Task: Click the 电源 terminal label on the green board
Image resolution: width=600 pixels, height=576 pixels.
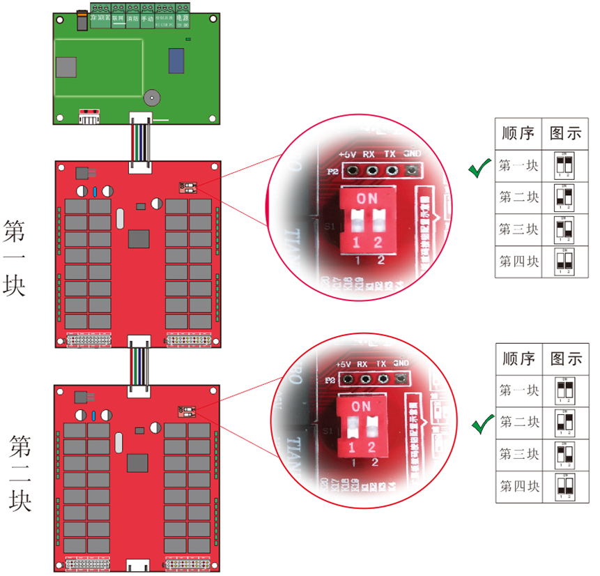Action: click(x=183, y=16)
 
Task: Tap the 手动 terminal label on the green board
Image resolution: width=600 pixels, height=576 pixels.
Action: click(x=146, y=20)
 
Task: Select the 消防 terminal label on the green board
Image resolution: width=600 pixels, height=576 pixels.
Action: click(x=132, y=20)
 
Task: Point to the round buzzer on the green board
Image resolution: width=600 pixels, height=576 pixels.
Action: click(x=151, y=98)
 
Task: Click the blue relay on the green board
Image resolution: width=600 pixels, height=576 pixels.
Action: click(x=176, y=61)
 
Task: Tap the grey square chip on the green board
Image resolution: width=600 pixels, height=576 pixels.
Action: click(x=66, y=66)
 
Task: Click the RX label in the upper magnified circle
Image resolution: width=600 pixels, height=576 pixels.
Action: click(x=369, y=154)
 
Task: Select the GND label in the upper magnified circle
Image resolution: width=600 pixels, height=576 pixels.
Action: click(x=412, y=153)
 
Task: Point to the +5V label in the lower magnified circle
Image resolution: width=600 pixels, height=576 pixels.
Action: click(x=343, y=365)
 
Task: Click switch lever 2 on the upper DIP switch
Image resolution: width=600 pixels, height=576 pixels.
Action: click(x=378, y=221)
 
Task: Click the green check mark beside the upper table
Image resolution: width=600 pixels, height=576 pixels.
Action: click(x=478, y=168)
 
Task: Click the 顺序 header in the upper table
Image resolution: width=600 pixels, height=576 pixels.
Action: click(x=518, y=133)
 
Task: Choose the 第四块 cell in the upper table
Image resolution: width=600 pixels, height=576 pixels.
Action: click(x=518, y=262)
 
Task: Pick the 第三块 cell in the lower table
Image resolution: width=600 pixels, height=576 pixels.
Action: click(x=519, y=454)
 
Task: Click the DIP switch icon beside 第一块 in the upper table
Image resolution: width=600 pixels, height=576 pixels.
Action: click(x=565, y=166)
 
